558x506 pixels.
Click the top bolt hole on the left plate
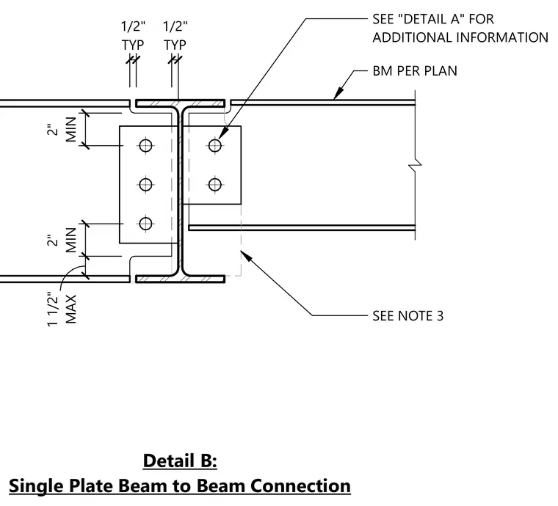145,145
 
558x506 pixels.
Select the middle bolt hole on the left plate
145,184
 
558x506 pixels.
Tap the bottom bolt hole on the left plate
145,224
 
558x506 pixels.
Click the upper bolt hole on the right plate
215,145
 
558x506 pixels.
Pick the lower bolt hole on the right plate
215,184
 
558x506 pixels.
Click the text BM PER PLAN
415,71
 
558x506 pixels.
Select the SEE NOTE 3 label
407,316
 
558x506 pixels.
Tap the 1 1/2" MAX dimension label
62,309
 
